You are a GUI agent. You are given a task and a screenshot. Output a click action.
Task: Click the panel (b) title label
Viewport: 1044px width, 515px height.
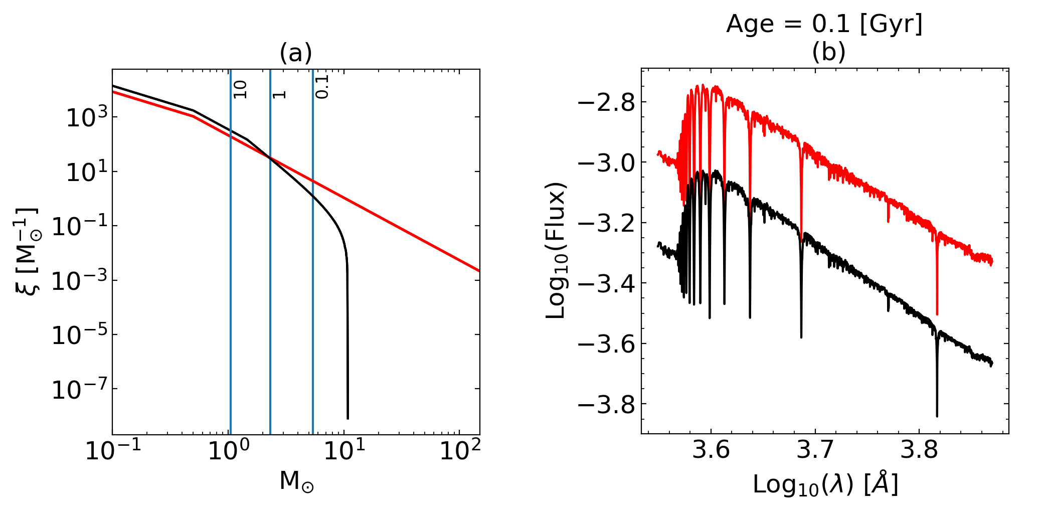tap(828, 52)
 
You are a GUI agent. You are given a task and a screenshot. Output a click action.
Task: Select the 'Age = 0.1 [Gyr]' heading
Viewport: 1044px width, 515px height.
tap(824, 24)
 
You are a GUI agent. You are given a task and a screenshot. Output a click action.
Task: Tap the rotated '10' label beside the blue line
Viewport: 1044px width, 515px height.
tap(241, 89)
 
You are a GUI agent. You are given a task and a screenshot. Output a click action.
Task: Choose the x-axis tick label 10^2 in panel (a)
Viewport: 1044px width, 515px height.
tap(460, 450)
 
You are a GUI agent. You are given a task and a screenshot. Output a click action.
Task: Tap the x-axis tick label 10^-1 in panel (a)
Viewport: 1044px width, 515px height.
tap(113, 450)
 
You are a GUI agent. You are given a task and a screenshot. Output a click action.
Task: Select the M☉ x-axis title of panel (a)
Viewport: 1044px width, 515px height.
tap(297, 481)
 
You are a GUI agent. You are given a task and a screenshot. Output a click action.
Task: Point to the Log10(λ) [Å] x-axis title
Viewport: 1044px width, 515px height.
tap(825, 484)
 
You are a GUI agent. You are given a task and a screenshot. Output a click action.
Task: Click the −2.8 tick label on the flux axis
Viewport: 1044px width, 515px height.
tap(606, 103)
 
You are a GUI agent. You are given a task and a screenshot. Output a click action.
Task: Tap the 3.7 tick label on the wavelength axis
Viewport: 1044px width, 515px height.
tap(815, 450)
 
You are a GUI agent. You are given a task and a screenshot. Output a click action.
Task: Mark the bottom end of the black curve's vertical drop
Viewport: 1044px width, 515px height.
tap(347, 418)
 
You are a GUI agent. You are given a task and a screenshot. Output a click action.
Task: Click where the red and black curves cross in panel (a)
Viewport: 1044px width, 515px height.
tap(270, 158)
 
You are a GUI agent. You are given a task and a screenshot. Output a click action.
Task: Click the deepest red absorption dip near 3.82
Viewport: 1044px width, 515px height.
tap(937, 313)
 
